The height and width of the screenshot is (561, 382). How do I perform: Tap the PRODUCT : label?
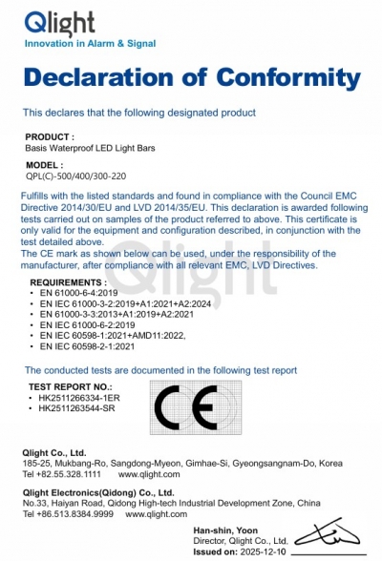(50, 137)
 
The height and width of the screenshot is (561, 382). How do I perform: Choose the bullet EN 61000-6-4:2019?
(77, 293)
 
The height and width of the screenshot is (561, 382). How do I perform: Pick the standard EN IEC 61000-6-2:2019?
(87, 326)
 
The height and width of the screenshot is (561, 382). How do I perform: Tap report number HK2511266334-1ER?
(79, 398)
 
